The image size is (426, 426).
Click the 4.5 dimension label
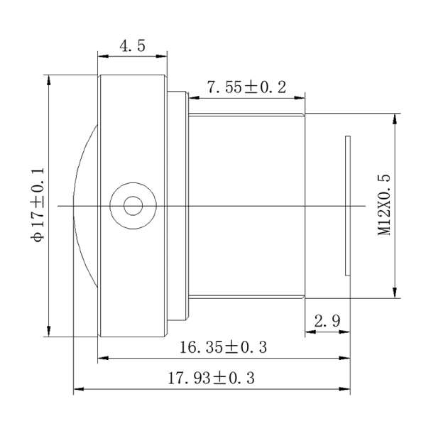[132, 45]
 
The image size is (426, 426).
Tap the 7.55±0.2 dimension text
[246, 87]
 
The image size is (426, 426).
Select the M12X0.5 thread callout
[384, 205]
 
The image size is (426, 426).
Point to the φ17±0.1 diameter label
[37, 204]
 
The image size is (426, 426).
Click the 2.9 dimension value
[327, 321]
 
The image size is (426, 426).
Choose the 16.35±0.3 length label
[224, 347]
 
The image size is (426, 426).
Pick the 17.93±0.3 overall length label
[212, 378]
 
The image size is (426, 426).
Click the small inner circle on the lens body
[133, 206]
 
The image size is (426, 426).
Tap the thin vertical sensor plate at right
[348, 206]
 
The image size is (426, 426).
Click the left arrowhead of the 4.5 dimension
[103, 56]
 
